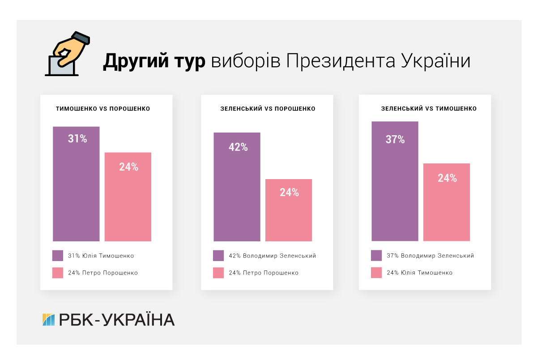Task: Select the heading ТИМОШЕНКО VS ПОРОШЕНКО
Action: tap(103, 109)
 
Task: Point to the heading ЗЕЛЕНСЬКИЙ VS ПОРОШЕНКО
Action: tap(268, 109)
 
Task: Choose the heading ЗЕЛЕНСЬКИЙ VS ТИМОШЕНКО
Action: tap(429, 109)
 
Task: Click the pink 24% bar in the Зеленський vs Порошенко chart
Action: tap(289, 210)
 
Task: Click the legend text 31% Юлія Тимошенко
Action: tap(101, 256)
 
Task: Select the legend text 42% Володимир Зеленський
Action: tap(272, 256)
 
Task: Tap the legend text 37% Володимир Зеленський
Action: tap(430, 256)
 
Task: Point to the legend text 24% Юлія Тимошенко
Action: tap(419, 273)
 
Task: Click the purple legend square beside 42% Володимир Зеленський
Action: tap(218, 256)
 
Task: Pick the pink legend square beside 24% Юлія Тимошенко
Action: tap(376, 273)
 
